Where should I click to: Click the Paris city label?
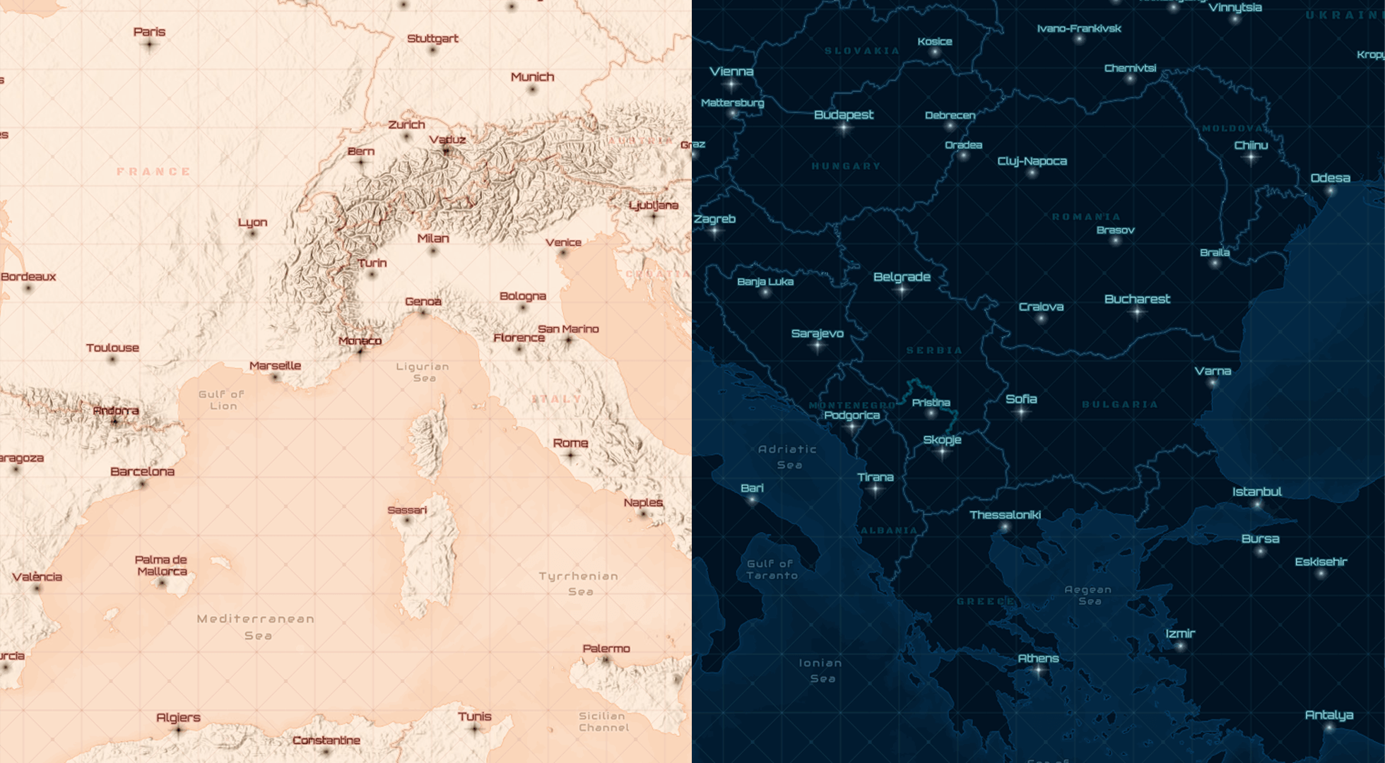pyautogui.click(x=149, y=32)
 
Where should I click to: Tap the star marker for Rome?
pyautogui.click(x=571, y=456)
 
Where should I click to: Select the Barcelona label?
pyautogui.click(x=142, y=471)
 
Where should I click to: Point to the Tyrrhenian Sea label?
pyautogui.click(x=579, y=584)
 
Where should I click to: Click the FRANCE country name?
pyautogui.click(x=154, y=172)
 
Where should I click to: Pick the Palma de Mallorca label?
pyautogui.click(x=161, y=565)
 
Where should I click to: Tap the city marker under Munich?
pyautogui.click(x=532, y=90)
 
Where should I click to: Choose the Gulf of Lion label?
pyautogui.click(x=222, y=400)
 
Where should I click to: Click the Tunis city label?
pyautogui.click(x=474, y=716)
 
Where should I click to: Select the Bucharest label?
pyautogui.click(x=1137, y=299)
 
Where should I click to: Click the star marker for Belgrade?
pyautogui.click(x=902, y=290)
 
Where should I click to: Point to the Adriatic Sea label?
pyautogui.click(x=788, y=456)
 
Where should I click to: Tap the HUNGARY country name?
pyautogui.click(x=846, y=166)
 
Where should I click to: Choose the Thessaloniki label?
pyautogui.click(x=1005, y=514)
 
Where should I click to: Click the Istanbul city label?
pyautogui.click(x=1257, y=491)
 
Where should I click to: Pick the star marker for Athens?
pyautogui.click(x=1038, y=670)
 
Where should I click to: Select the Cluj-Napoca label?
pyautogui.click(x=1032, y=161)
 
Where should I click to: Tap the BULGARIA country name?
pyautogui.click(x=1120, y=405)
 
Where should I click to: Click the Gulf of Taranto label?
pyautogui.click(x=772, y=569)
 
